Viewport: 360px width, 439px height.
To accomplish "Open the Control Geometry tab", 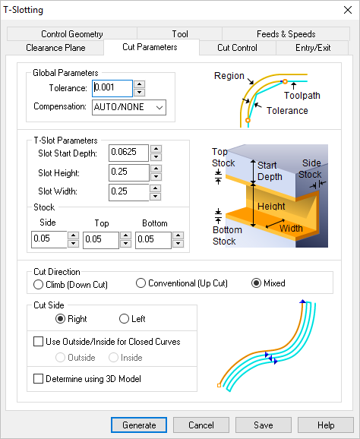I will [72, 34].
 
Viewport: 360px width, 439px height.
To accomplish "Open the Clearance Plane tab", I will [55, 47].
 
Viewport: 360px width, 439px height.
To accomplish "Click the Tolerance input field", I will [112, 88].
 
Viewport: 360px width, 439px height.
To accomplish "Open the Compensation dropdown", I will [128, 107].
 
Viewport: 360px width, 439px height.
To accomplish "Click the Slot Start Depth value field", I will [128, 152].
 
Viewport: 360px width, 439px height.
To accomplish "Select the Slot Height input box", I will [128, 172].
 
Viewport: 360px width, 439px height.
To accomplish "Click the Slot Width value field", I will [128, 191].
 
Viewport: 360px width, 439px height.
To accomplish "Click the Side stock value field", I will [49, 240].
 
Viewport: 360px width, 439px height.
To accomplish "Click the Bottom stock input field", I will [153, 240].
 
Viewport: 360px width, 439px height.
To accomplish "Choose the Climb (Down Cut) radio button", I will [39, 284].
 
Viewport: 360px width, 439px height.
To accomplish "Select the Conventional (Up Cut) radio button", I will [141, 283].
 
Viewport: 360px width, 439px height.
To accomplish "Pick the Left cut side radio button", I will [124, 319].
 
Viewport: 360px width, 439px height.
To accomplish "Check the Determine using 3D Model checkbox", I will [39, 378].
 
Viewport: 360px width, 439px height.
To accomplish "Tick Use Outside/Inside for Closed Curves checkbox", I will [39, 342].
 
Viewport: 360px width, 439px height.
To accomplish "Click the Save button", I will [263, 425].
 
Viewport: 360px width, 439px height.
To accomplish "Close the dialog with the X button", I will [342, 10].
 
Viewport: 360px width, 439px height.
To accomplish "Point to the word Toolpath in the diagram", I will [302, 96].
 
